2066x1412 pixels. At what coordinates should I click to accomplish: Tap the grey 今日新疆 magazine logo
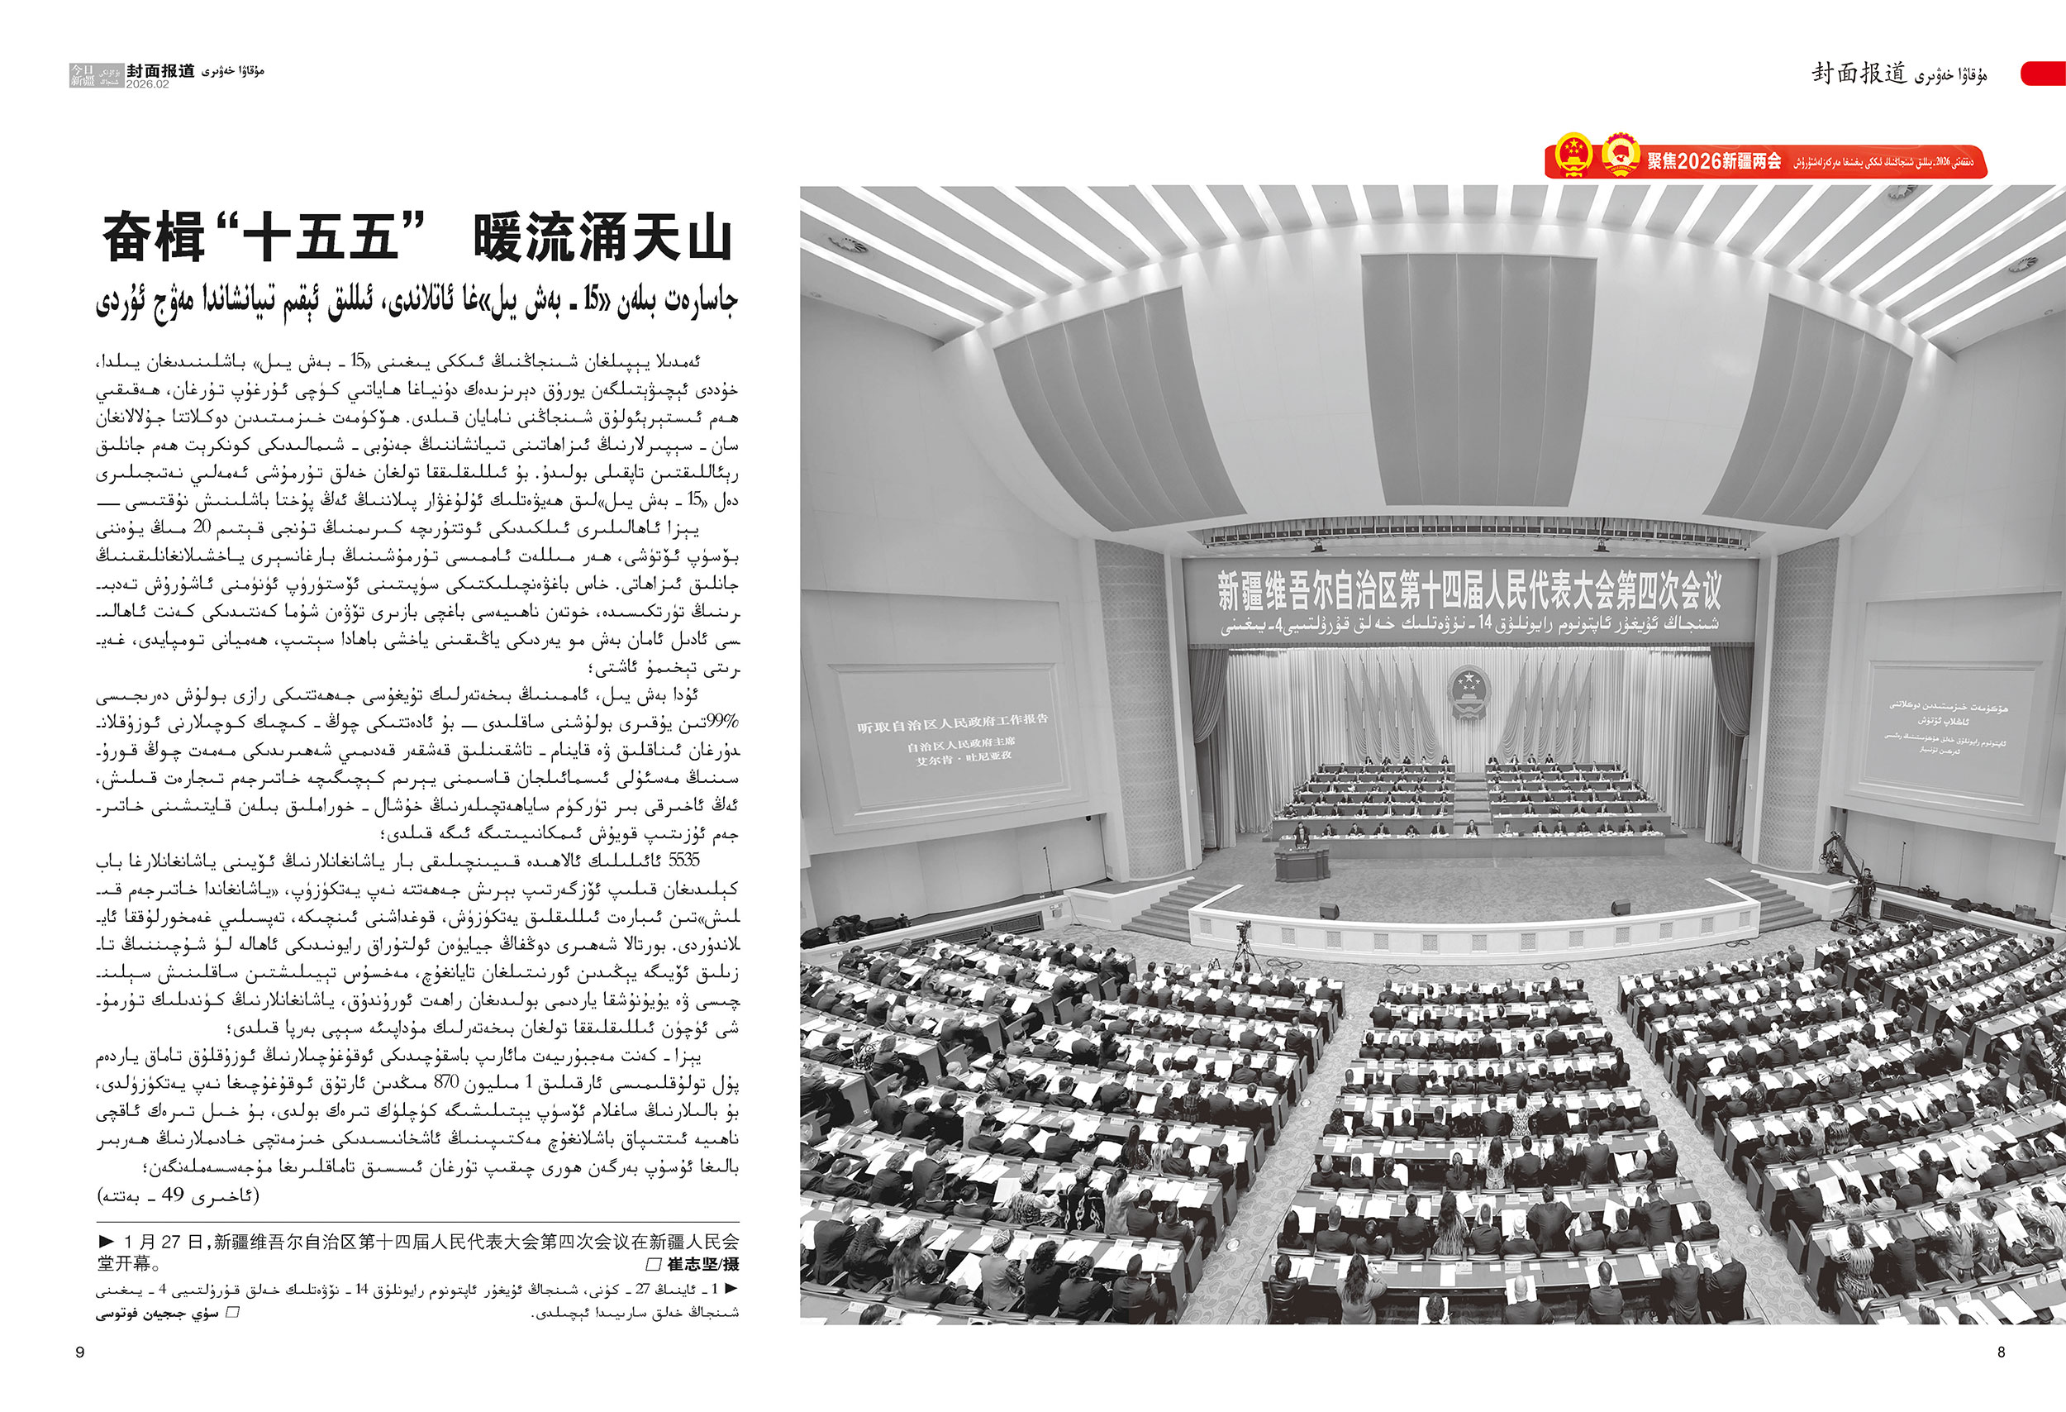click(x=96, y=75)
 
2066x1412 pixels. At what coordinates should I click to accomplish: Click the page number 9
click(x=80, y=1352)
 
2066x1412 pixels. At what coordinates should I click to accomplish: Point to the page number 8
click(x=2001, y=1352)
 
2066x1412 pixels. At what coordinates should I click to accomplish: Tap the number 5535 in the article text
click(x=683, y=860)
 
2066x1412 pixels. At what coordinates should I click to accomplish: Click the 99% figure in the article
click(x=721, y=720)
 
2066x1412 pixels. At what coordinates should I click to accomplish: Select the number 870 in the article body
click(x=446, y=1082)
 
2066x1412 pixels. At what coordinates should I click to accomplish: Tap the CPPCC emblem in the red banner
click(x=1621, y=154)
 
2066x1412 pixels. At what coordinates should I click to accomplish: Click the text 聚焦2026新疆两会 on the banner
click(x=1714, y=161)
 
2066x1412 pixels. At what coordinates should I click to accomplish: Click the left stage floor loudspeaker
click(x=1328, y=910)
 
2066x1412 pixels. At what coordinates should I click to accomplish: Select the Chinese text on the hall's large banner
click(x=1469, y=589)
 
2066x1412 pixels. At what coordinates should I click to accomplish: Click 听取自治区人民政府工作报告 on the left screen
click(x=952, y=723)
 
